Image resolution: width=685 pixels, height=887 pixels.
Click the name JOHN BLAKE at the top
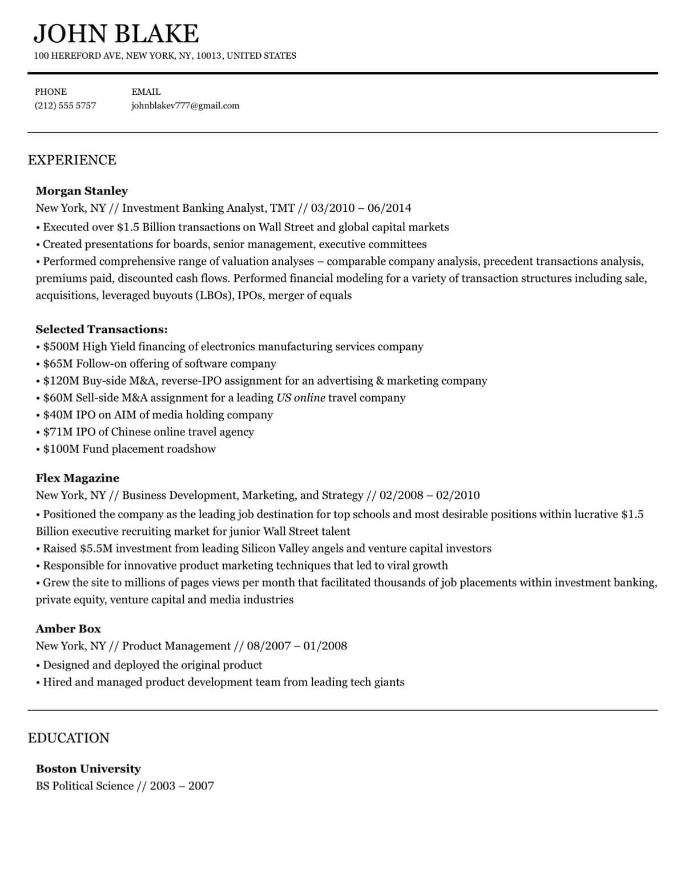coord(116,34)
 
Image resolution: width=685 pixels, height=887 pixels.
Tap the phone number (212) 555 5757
coord(65,106)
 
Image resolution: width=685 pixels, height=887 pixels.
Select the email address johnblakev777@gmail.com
coord(185,106)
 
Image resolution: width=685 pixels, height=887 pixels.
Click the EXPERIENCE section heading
coord(72,160)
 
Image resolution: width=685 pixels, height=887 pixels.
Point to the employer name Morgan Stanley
coord(82,191)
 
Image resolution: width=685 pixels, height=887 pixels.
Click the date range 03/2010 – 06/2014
coord(361,208)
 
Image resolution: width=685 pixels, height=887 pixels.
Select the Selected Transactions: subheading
coord(102,329)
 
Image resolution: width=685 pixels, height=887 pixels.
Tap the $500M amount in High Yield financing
coord(61,346)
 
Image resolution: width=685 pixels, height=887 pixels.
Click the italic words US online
coord(301,398)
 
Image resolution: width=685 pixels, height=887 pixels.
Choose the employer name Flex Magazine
coord(77,478)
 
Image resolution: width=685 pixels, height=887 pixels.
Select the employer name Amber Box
coord(68,629)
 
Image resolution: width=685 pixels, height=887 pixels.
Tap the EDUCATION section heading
coord(68,738)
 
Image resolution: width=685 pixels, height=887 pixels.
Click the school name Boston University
coord(88,769)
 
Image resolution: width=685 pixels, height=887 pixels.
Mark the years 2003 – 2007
coord(182,786)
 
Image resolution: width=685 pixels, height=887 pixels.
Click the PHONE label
coord(51,92)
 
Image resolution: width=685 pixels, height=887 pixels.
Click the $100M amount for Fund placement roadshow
coord(61,449)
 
